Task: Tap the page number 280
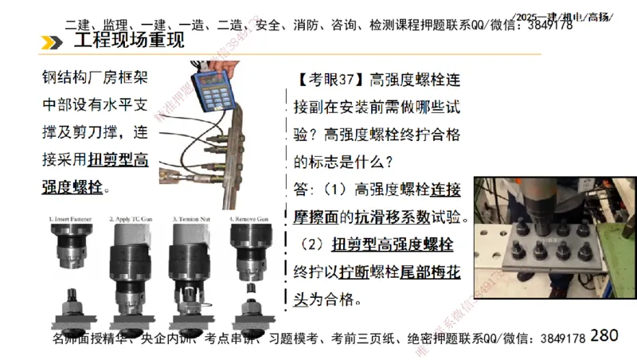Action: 604,335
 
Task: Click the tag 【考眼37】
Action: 328,80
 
